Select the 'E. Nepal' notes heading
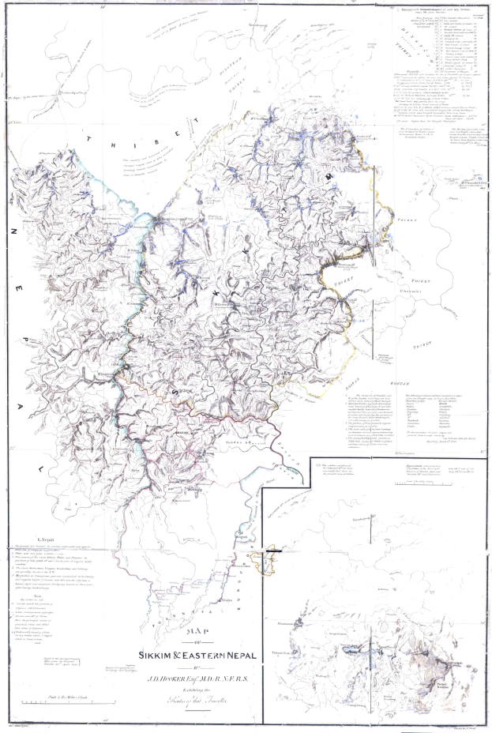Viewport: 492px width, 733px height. pos(37,539)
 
